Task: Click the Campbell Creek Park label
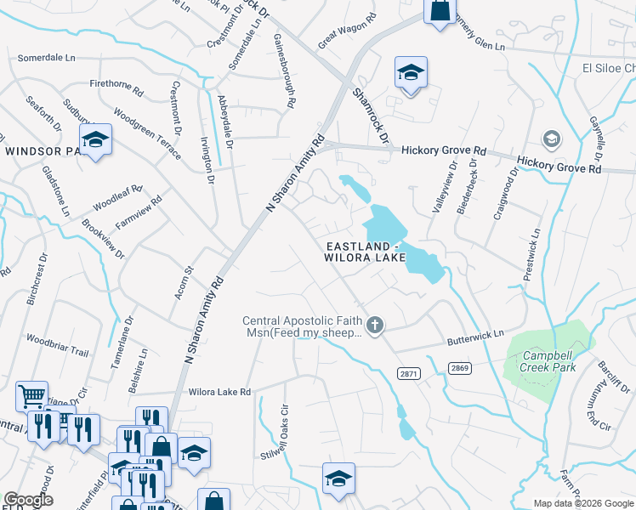click(x=549, y=360)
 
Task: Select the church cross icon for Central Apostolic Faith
click(x=374, y=325)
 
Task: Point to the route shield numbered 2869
click(x=459, y=367)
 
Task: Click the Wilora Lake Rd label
click(x=220, y=392)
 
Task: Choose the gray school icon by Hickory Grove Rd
click(x=551, y=138)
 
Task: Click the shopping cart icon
click(x=31, y=395)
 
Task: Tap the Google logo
click(x=28, y=500)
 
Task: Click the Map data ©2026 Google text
click(x=582, y=503)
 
